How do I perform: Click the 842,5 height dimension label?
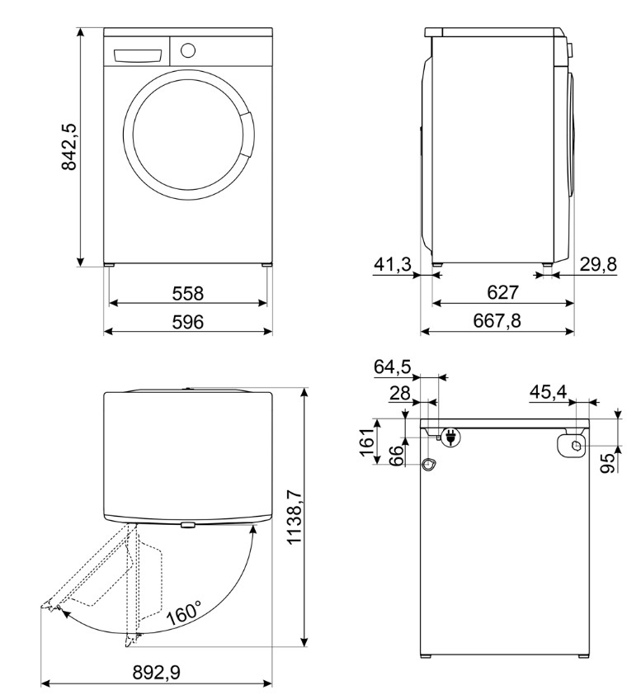pos(69,147)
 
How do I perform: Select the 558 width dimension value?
pos(187,293)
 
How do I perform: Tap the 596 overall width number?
pos(187,322)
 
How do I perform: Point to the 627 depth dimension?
pos(502,292)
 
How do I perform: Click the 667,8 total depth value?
pos(497,320)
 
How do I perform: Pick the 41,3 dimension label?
pos(393,265)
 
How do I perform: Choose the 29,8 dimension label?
pos(598,265)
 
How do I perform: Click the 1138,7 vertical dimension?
pos(295,517)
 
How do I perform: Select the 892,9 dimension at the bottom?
pos(157,673)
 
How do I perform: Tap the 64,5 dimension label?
pos(393,367)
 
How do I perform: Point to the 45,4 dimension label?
pos(548,392)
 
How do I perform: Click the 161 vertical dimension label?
pos(367,442)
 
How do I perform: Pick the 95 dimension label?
pos(610,464)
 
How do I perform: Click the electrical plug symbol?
pos(450,437)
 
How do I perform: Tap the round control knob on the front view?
pos(188,50)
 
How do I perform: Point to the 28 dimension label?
pos(400,393)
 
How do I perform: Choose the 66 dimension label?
pos(398,456)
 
